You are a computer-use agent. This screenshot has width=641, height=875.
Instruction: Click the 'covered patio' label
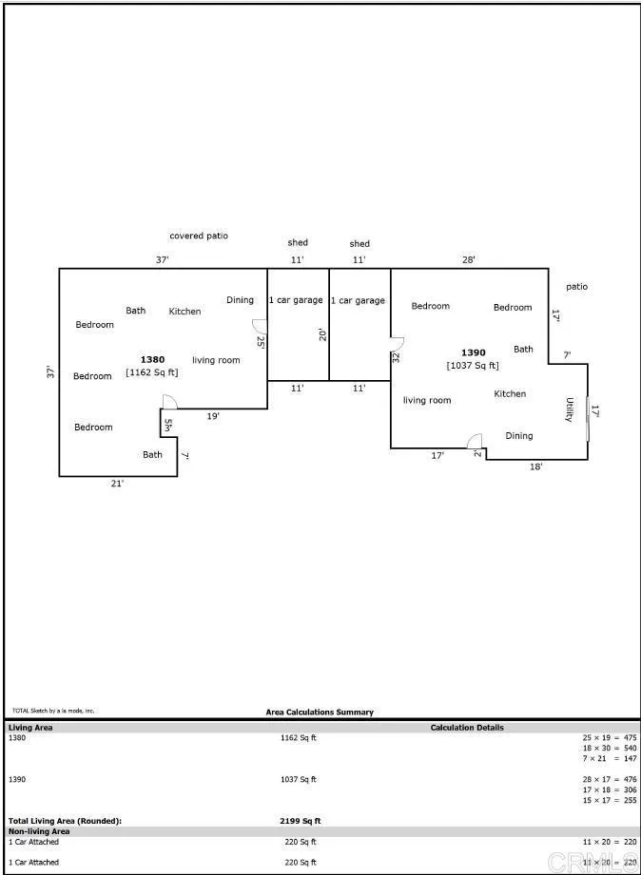tap(199, 236)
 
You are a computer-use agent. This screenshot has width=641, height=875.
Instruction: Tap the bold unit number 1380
tap(152, 359)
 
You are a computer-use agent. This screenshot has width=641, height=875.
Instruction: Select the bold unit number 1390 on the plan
tap(473, 352)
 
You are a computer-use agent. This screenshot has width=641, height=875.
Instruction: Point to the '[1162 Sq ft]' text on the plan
tap(152, 372)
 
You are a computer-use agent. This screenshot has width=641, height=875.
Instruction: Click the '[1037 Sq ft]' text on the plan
tap(473, 366)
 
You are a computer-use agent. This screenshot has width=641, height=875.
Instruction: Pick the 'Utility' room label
tap(570, 410)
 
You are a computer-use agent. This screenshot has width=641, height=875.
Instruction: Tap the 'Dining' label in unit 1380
tap(240, 300)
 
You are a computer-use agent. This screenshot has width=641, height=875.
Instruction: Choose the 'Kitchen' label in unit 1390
tap(510, 393)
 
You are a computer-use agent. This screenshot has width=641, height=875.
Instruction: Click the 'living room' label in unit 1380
tap(216, 360)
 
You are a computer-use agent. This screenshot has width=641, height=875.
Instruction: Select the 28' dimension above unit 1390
tap(469, 259)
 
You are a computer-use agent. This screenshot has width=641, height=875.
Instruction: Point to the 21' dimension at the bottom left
tap(117, 484)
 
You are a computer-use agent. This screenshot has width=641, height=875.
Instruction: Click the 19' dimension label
tap(214, 416)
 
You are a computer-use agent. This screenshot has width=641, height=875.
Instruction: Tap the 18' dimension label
tap(535, 466)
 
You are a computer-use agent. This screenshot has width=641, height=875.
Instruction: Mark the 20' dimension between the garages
tap(322, 333)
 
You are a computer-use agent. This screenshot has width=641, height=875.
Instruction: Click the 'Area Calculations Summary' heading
tap(320, 712)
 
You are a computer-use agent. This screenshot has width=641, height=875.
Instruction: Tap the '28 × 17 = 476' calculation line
tap(610, 779)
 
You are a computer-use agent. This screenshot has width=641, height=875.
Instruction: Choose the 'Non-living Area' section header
tap(39, 831)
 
